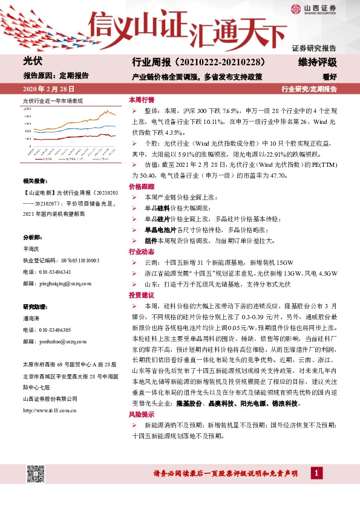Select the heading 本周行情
(142, 100)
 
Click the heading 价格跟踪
(142, 187)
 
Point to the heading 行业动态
(142, 251)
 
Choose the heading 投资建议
(142, 294)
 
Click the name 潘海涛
(32, 318)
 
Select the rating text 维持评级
(317, 62)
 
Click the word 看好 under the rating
(329, 77)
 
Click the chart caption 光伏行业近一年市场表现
(53, 100)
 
